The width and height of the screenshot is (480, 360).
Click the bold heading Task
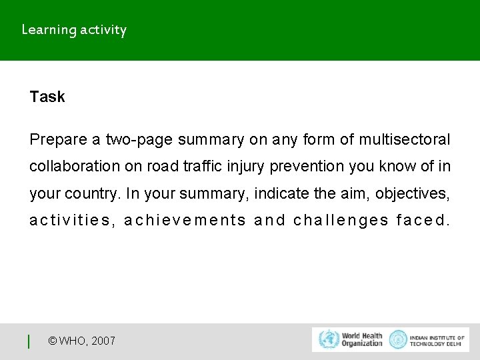pos(47,97)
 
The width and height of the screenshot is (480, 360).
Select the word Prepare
pos(58,140)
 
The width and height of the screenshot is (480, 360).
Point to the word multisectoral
pos(405,140)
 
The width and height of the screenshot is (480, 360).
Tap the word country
pos(91,194)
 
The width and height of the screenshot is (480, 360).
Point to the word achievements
pos(185,221)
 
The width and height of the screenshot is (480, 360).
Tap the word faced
pos(423,221)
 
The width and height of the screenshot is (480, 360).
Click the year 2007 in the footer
pos(103,341)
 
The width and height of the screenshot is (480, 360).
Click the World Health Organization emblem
pos(329,339)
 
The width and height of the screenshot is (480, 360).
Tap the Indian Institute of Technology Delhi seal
pos(398,339)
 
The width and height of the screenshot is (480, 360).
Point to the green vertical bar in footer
pos(29,341)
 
